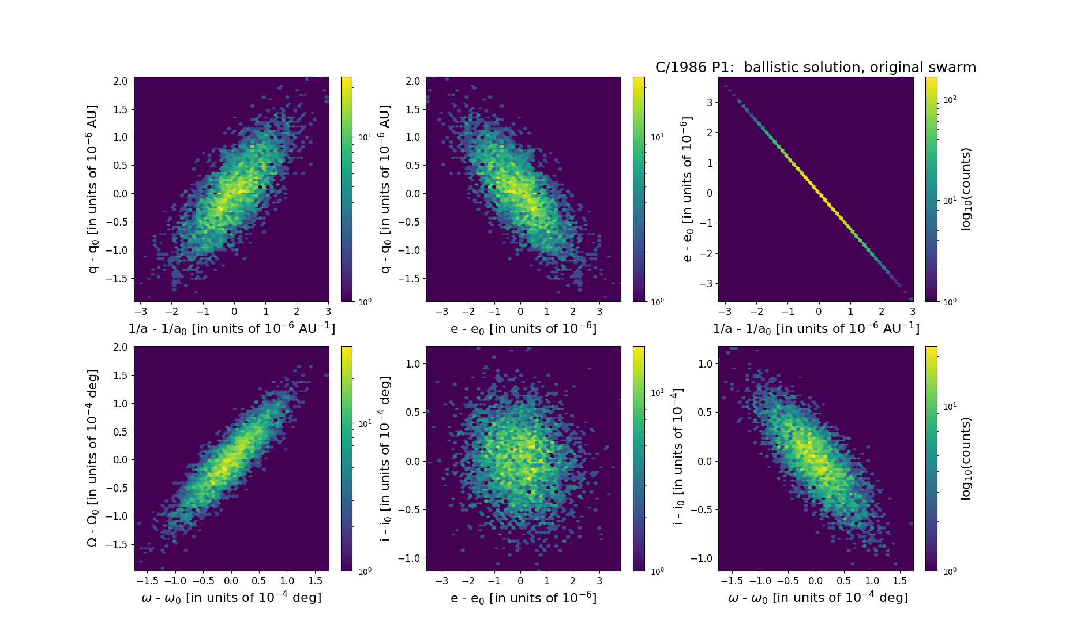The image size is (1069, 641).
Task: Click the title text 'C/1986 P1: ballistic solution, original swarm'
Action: [815, 68]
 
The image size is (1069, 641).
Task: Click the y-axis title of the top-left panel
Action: [93, 189]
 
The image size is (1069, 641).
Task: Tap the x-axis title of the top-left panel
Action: [231, 328]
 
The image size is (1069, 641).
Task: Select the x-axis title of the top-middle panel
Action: [523, 328]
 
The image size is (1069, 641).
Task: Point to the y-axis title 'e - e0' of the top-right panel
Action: [686, 189]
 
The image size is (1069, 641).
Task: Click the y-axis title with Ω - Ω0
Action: [93, 458]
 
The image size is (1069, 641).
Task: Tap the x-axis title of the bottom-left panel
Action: [231, 598]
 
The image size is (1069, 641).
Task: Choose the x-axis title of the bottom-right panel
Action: [817, 598]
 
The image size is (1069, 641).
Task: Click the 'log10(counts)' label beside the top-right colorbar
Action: [966, 189]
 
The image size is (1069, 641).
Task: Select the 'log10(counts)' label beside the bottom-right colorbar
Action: [966, 458]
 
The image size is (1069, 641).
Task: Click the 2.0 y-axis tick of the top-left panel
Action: [121, 81]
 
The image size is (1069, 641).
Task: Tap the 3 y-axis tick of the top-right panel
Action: [709, 103]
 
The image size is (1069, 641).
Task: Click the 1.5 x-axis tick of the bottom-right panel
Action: [900, 581]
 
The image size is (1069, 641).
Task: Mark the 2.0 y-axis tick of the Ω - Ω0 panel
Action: [121, 347]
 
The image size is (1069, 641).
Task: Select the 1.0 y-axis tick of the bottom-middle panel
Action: [412, 363]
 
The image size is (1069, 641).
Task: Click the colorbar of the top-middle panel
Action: [639, 189]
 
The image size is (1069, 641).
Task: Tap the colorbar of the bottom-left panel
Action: [347, 458]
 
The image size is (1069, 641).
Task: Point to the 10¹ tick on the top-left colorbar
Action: [365, 137]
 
